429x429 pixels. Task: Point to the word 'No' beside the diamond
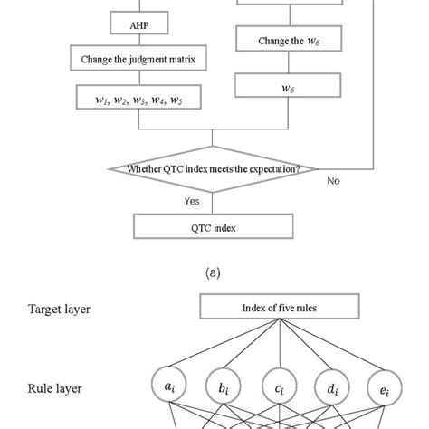click(335, 181)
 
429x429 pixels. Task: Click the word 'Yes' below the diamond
click(190, 201)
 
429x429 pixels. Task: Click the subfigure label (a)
click(214, 270)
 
